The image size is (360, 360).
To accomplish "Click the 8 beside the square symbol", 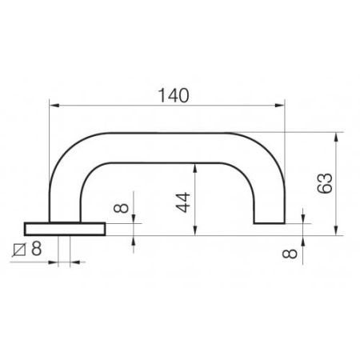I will coord(36,248).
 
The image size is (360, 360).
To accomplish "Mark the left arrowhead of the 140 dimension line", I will coord(54,104).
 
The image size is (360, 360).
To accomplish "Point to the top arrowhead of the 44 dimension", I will coord(194,163).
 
